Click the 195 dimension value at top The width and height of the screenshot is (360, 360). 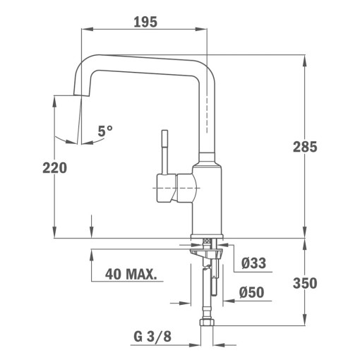pos(145,22)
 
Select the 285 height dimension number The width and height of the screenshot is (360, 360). pos(305,148)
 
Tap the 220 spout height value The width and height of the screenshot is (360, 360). pos(54,167)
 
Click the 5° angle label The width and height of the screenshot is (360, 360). pos(105,131)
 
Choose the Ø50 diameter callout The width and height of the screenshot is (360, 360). pos(252,292)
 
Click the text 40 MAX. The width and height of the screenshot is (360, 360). pos(131,273)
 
